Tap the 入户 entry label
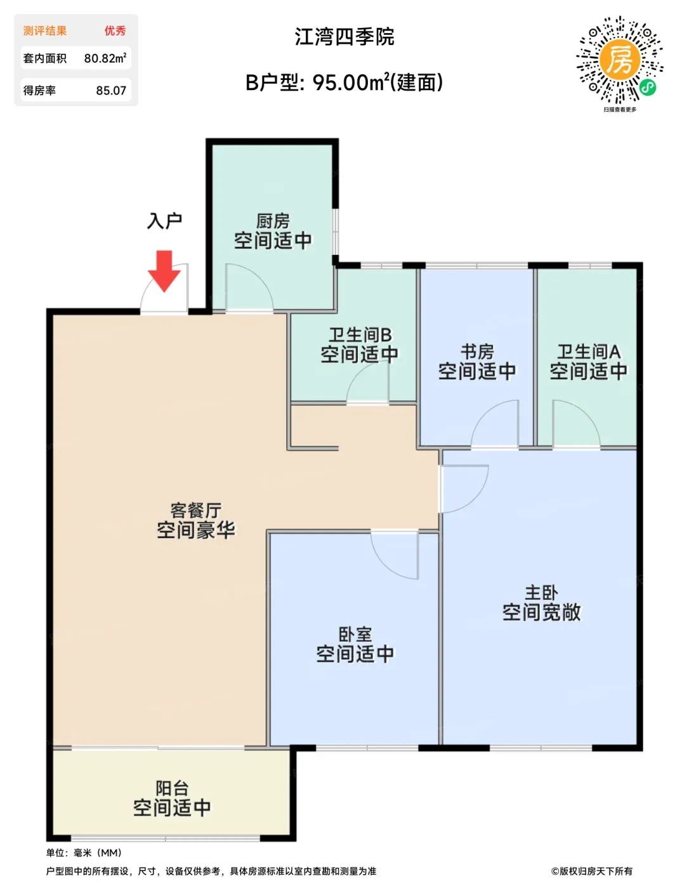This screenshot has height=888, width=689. [x=164, y=221]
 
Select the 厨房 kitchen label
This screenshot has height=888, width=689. [x=273, y=221]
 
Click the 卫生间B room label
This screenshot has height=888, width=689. [x=360, y=335]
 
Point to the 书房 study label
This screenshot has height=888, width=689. [x=477, y=351]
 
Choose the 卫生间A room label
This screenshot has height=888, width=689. [x=589, y=351]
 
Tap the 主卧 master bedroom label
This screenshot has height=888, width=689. [x=541, y=592]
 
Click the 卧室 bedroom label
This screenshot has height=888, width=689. [x=355, y=634]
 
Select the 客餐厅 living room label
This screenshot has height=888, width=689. [x=196, y=510]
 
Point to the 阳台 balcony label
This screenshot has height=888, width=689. [x=172, y=788]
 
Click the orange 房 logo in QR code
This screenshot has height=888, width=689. [x=620, y=60]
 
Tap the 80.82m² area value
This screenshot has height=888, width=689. [x=105, y=58]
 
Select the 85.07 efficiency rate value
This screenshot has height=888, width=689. [x=111, y=90]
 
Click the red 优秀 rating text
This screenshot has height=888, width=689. [x=115, y=30]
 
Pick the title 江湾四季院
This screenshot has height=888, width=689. [x=344, y=37]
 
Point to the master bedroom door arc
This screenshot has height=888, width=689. [x=474, y=499]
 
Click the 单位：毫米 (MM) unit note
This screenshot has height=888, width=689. [x=84, y=852]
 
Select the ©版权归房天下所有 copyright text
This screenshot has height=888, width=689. [x=591, y=871]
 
